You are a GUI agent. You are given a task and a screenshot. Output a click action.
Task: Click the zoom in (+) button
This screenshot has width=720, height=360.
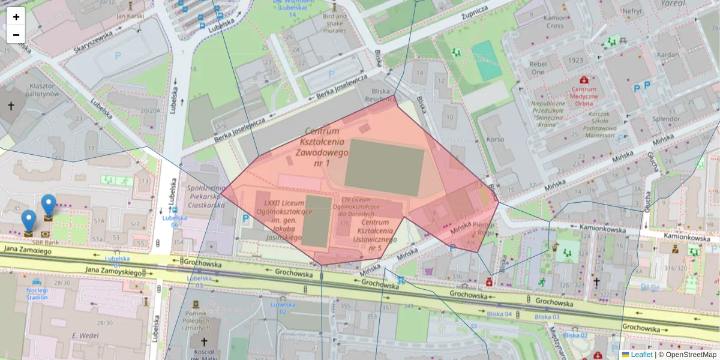(x=16, y=17)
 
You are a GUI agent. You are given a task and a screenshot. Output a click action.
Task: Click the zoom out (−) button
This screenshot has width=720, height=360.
(x=16, y=34)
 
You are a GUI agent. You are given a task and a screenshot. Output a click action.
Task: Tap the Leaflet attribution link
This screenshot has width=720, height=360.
(x=641, y=355)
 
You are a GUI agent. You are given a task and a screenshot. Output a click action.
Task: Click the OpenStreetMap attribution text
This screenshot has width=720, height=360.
(x=691, y=355)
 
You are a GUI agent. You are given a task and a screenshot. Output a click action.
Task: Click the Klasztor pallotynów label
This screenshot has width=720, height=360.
(x=44, y=90)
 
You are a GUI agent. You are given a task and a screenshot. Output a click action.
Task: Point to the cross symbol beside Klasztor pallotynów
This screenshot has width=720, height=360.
(x=11, y=106)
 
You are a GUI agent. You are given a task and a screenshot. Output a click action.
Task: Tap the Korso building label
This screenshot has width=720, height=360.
(x=496, y=139)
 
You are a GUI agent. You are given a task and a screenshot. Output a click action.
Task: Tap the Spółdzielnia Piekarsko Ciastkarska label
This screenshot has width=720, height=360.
(x=206, y=196)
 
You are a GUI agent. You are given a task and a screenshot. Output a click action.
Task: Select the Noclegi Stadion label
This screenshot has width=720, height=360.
(x=37, y=292)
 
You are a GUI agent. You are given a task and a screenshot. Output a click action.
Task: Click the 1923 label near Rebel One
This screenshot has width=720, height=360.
(x=575, y=60)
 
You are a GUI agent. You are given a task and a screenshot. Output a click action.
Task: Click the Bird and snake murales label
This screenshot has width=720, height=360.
(x=334, y=23)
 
